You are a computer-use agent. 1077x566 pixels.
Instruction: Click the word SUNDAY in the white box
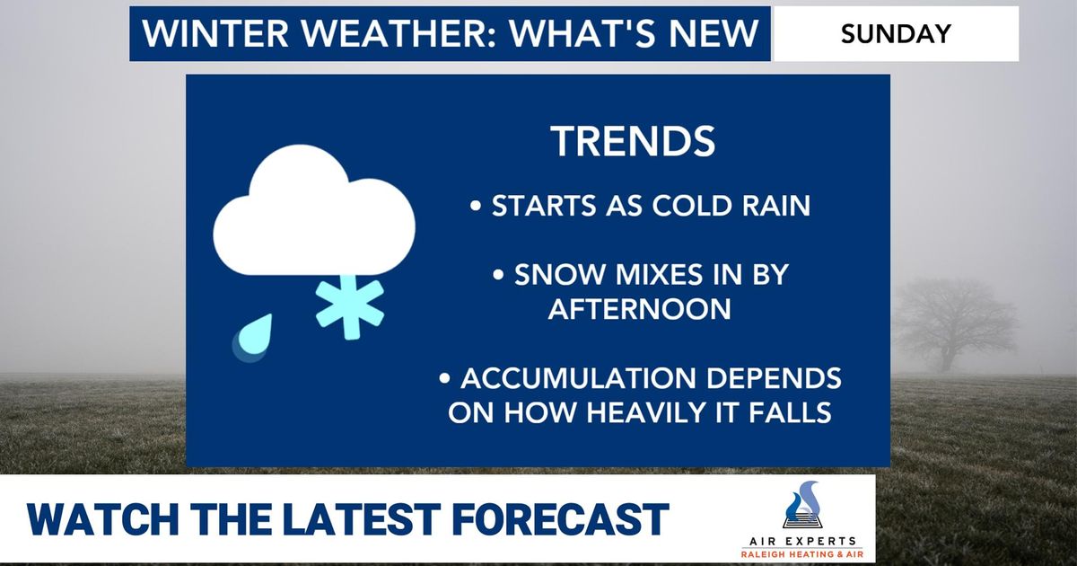click(896, 34)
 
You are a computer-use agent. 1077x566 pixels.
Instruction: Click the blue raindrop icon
click(253, 337)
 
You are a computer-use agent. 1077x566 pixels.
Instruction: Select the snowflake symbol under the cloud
click(350, 303)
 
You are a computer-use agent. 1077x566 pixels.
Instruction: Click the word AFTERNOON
click(639, 309)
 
